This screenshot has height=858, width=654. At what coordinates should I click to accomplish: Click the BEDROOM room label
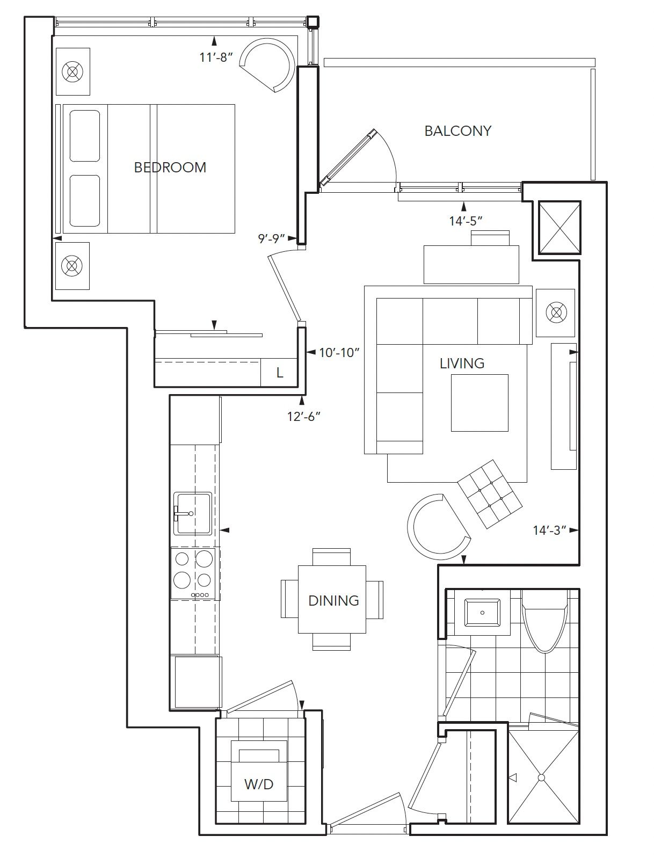(170, 168)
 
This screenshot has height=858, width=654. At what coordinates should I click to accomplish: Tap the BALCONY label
(458, 130)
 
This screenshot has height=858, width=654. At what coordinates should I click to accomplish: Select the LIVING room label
(462, 363)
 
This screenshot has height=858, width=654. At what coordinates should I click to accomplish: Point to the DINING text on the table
(333, 600)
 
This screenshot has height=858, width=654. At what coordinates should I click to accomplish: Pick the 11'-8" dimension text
(216, 57)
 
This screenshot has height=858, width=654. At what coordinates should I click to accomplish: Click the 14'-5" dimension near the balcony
(466, 221)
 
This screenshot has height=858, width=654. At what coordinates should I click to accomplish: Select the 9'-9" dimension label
(271, 238)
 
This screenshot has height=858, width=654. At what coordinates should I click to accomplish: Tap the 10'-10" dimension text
(339, 353)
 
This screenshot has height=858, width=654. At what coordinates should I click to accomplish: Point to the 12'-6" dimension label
(304, 417)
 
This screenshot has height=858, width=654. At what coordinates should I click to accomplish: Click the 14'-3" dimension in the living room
(550, 530)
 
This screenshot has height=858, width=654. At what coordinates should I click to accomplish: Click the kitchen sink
(193, 513)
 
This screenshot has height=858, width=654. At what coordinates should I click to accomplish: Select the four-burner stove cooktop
(193, 574)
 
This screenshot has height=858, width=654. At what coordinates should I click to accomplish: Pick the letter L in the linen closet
(280, 373)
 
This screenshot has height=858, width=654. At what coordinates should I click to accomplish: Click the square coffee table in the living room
(479, 403)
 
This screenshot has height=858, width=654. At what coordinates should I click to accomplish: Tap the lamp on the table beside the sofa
(556, 312)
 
